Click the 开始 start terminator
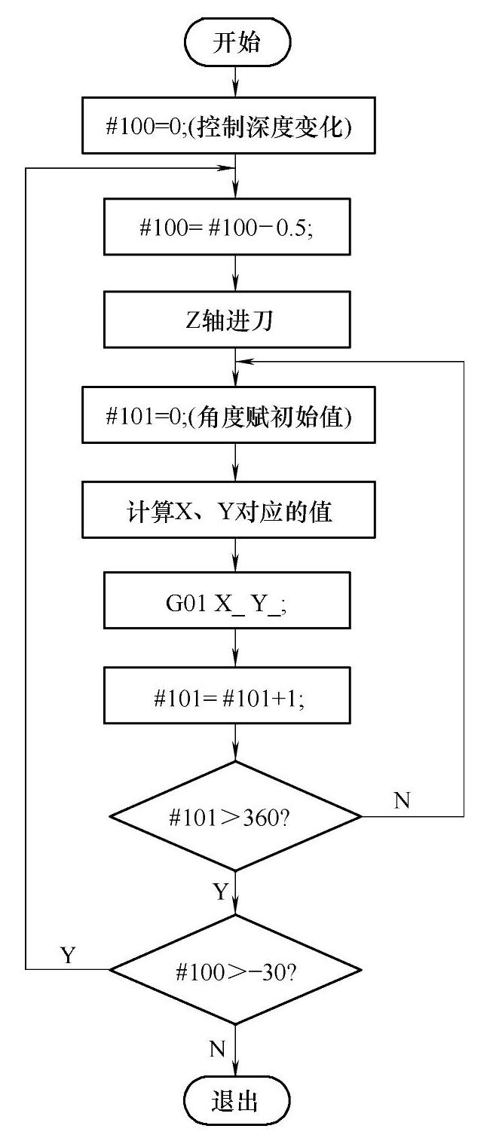[236, 42]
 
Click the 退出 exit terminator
[236, 1102]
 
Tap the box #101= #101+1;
[236, 698]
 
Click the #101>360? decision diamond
[236, 817]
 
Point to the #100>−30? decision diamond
[236, 969]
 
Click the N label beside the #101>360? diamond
[403, 800]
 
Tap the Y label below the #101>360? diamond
[219, 893]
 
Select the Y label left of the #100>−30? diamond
[69, 955]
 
